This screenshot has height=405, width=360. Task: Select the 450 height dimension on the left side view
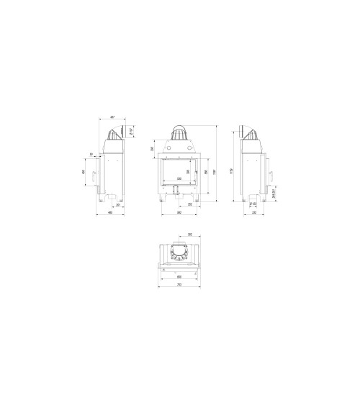click(84, 173)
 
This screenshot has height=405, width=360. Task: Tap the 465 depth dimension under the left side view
click(110, 213)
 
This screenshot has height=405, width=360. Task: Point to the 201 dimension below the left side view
click(117, 206)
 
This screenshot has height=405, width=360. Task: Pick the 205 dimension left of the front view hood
click(153, 149)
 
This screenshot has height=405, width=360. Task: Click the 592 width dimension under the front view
click(179, 213)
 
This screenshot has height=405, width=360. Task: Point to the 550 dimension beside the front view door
click(206, 173)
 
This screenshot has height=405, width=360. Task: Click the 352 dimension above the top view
click(189, 235)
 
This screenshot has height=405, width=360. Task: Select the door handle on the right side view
click(271, 176)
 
